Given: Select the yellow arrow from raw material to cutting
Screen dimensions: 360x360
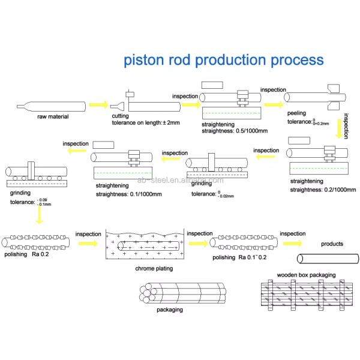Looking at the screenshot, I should pyautogui.click(x=98, y=106).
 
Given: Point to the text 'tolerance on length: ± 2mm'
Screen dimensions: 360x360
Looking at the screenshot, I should pyautogui.click(x=146, y=123).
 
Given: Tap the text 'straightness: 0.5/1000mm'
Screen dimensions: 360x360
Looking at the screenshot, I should pyautogui.click(x=234, y=130).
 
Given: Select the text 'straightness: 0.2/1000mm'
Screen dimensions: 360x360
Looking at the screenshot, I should pyautogui.click(x=321, y=190).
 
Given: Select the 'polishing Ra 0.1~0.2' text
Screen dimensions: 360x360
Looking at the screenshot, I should pyautogui.click(x=242, y=257).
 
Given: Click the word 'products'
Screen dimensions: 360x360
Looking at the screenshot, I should pyautogui.click(x=332, y=244).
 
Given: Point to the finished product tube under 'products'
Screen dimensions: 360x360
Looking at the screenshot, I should pyautogui.click(x=327, y=259).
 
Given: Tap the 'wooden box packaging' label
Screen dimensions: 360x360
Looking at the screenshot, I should pyautogui.click(x=306, y=275).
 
